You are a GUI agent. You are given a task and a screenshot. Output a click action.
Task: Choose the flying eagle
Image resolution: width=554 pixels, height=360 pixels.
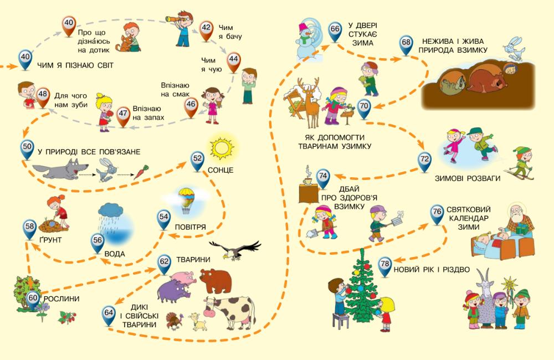pyautogui.click(x=235, y=250)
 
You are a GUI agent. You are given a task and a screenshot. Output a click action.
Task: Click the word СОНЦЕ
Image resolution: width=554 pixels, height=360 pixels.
pyautogui.click(x=222, y=169)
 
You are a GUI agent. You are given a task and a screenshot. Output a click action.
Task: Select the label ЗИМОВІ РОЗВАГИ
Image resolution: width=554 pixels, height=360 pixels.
pyautogui.click(x=468, y=178)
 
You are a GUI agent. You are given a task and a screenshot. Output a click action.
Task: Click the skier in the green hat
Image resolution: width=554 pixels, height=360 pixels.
pyautogui.click(x=521, y=163)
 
